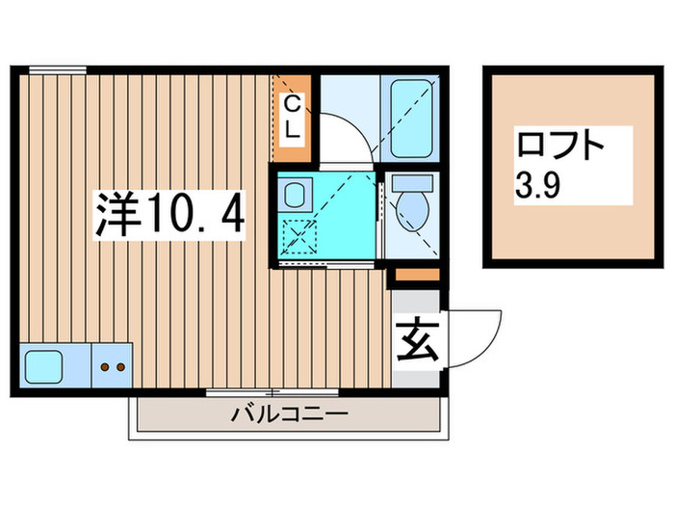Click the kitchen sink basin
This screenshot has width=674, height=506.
click(x=44, y=366)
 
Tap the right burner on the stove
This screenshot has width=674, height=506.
click(x=120, y=367)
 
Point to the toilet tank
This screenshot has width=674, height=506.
click(x=413, y=183)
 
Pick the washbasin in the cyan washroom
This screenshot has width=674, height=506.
click(x=297, y=192)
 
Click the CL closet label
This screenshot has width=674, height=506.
click(x=292, y=114)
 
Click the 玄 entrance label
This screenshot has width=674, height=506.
click(x=415, y=343)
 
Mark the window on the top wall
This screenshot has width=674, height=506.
click(x=57, y=68)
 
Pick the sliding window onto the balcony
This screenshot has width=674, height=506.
click(x=272, y=392)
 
